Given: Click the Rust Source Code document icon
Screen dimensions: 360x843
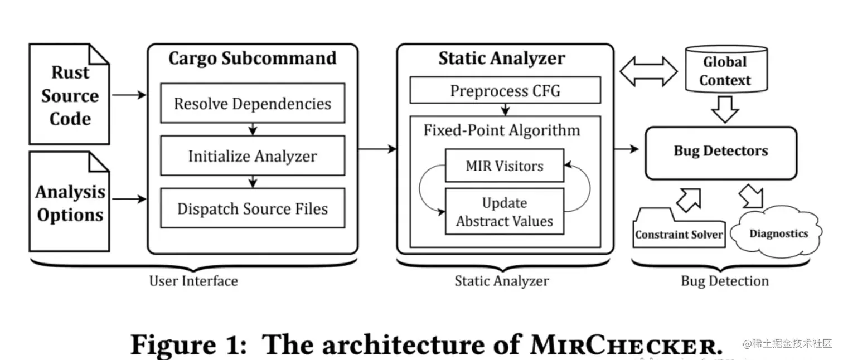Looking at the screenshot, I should tap(69, 95).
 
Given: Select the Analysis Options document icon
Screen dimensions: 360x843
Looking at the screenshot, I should tap(69, 202).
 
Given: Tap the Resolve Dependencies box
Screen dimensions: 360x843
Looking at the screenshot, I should tap(252, 104).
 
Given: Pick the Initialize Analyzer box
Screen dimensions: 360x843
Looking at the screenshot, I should tap(252, 156).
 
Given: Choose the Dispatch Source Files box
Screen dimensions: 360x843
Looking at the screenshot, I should tap(252, 208).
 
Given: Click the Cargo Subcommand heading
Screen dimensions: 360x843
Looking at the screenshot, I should tap(252, 59).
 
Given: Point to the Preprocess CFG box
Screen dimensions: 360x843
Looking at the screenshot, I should tap(505, 90).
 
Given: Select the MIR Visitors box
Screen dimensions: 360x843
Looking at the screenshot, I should tap(505, 166).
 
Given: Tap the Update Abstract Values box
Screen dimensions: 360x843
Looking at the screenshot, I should tap(505, 212).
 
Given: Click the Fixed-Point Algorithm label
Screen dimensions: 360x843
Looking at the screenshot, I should tap(502, 130).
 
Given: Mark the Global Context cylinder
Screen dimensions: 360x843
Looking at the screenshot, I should tap(725, 71).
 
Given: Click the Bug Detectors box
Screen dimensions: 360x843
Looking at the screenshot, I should tap(720, 151).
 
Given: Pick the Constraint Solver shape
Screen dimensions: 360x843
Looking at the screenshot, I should tap(679, 230).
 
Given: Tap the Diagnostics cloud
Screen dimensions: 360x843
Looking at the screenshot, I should tap(778, 234).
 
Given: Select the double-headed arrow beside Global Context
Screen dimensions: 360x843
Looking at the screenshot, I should tap(648, 71).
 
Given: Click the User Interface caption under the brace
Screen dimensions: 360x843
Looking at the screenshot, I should tap(193, 281).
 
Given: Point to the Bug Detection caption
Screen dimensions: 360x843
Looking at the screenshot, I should tap(724, 281).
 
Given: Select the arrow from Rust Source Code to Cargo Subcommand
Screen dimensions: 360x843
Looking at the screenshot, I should tap(128, 95).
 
